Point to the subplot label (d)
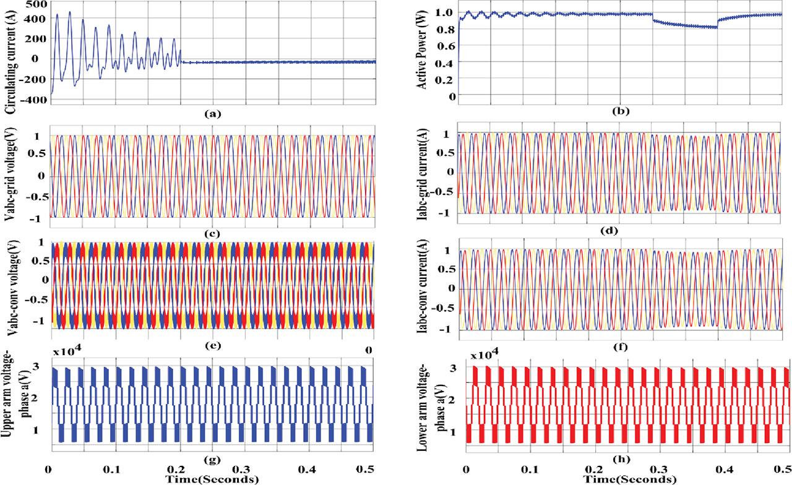619,231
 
